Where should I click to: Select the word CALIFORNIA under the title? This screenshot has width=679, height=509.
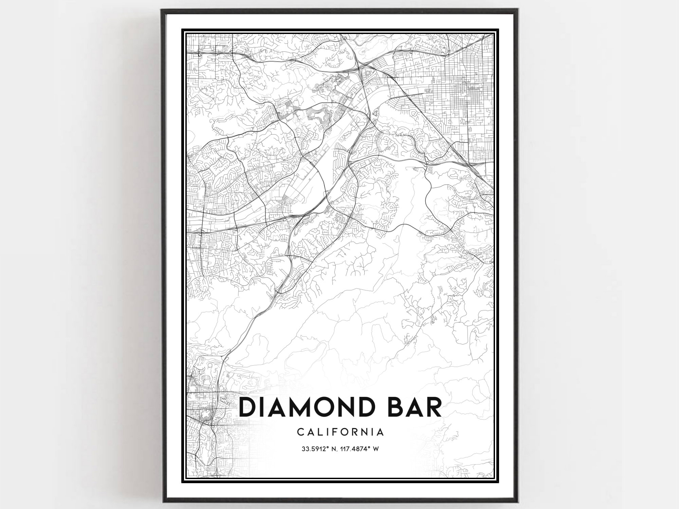341,432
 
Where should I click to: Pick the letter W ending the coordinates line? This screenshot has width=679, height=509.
376,449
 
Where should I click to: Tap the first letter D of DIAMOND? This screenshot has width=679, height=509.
249,407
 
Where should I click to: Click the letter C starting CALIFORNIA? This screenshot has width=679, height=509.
301,432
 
